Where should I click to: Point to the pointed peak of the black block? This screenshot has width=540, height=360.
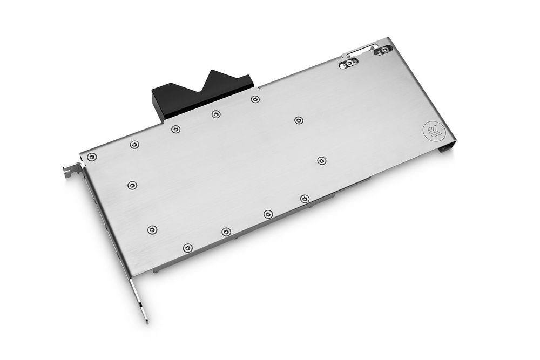214,71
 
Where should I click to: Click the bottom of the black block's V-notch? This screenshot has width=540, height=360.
202,89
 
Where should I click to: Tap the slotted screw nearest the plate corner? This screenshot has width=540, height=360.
384,50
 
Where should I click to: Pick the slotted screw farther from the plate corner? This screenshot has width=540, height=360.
350,63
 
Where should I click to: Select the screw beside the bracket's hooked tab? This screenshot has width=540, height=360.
92,157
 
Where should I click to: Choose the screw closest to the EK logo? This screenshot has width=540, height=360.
322,160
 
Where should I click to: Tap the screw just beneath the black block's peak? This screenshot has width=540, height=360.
216,114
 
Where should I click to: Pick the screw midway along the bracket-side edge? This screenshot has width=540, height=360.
132,185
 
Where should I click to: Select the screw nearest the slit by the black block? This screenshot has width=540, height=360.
255,99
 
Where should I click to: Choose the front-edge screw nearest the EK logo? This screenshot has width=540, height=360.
305,199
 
